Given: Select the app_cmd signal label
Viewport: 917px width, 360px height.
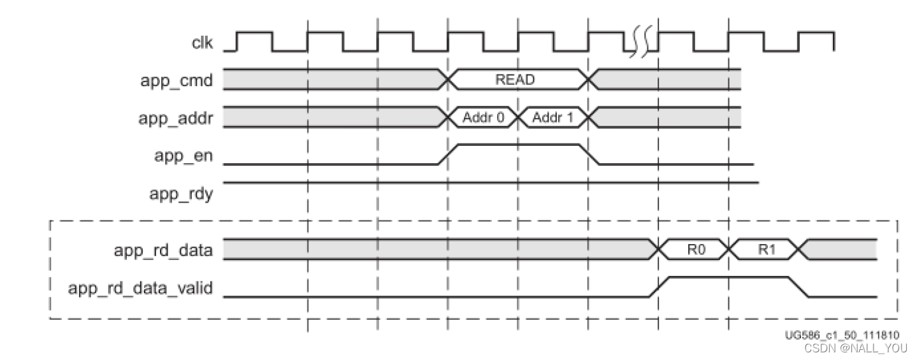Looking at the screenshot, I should tap(176, 80).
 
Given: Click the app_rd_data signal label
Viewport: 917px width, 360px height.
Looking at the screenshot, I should tap(162, 250).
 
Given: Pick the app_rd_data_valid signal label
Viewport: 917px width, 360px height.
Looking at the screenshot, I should tap(140, 289).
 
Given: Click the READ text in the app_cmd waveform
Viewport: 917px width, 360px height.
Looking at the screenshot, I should tap(515, 80).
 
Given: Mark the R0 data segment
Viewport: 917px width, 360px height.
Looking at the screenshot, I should tap(695, 250).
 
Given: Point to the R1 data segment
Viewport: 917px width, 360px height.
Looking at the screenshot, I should tap(765, 250).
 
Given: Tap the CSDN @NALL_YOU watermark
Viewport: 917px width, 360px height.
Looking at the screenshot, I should tap(855, 348).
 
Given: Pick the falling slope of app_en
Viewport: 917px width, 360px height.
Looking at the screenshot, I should tap(589, 154).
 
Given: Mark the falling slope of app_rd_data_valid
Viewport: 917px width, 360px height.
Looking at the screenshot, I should tap(799, 287).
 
